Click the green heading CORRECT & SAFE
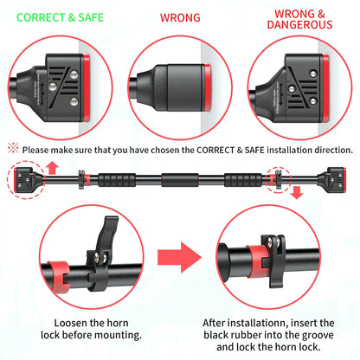(60, 17)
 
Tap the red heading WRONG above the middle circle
(180, 17)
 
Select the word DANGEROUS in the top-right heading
(299, 24)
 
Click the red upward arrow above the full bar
(52, 168)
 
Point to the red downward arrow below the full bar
(297, 193)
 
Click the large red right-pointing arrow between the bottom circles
(179, 257)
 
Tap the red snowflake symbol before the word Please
(13, 148)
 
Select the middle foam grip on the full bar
(180, 180)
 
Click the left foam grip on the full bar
(117, 180)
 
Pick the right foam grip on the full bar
(243, 180)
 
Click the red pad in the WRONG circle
(207, 87)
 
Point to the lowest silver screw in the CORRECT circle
(74, 101)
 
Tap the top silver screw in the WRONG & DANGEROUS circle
(313, 74)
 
